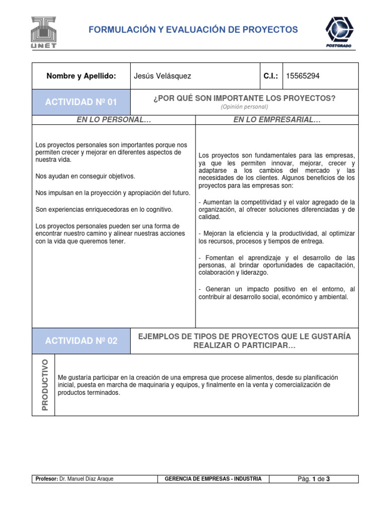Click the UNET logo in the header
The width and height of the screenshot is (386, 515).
(44, 32)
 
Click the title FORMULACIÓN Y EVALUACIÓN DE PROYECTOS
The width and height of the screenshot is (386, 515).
(193, 30)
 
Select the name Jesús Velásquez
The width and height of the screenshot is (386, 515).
(162, 76)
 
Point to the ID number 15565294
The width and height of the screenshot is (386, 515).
(303, 76)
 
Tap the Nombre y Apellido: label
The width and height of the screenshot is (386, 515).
(81, 76)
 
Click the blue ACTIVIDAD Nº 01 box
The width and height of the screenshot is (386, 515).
(81, 102)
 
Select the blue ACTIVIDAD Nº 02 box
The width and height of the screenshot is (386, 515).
(81, 340)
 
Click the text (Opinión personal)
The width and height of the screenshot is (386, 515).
(244, 107)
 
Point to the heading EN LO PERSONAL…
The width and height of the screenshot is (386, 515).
(114, 120)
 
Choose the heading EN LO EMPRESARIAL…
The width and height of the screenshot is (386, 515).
(277, 120)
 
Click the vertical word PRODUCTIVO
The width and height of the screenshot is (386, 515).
(44, 385)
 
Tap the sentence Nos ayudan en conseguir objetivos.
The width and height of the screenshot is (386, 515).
(85, 177)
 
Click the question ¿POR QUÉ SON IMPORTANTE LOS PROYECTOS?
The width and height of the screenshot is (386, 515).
(244, 98)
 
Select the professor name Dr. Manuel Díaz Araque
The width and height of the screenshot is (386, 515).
(86, 479)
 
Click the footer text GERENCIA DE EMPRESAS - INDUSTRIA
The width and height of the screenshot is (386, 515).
(213, 479)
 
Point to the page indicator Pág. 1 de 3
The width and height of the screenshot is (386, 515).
(314, 479)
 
